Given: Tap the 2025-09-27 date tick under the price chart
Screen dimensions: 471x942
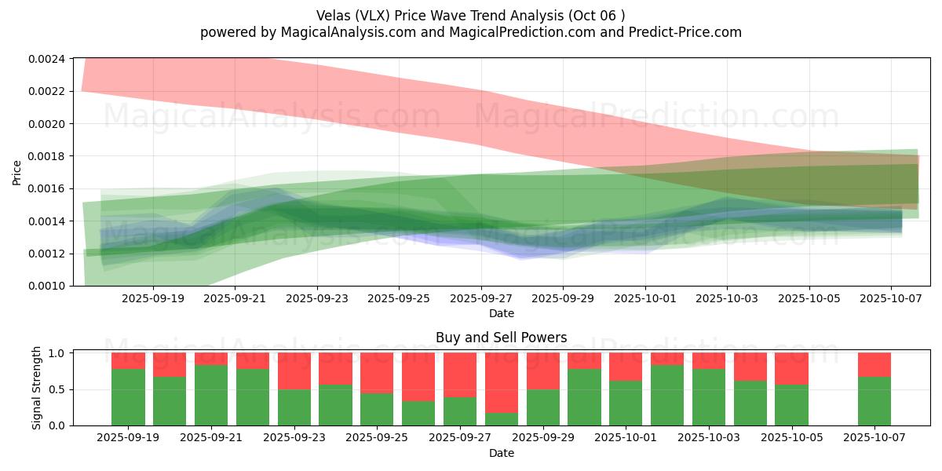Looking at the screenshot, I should [481, 299].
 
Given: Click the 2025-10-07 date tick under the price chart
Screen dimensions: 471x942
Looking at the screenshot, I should [891, 299].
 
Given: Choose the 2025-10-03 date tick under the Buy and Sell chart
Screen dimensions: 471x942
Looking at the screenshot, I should [709, 438].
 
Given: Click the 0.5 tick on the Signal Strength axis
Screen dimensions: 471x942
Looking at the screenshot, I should [58, 389].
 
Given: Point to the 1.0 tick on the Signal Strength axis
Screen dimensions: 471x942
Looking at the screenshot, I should [58, 353].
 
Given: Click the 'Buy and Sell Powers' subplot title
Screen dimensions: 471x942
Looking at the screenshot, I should [502, 338].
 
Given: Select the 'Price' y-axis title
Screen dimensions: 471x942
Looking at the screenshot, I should [17, 172].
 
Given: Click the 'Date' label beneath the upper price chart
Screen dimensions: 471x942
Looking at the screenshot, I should [502, 313].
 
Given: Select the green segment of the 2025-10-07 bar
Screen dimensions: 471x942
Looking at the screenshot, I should [874, 401].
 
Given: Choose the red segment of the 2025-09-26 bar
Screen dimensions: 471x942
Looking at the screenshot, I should [418, 377].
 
